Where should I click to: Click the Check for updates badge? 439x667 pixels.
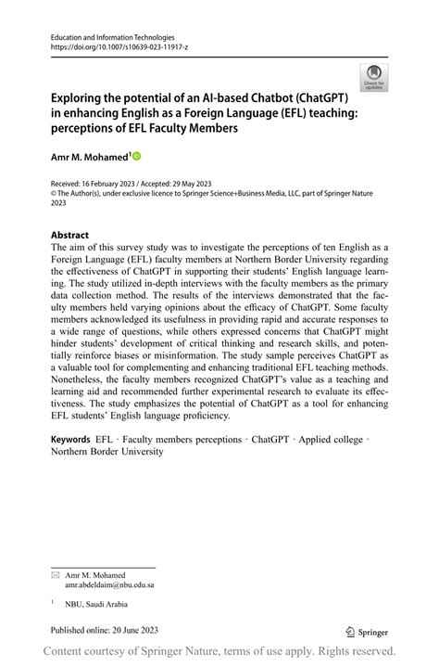(374, 77)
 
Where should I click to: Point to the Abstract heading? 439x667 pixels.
(69, 235)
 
